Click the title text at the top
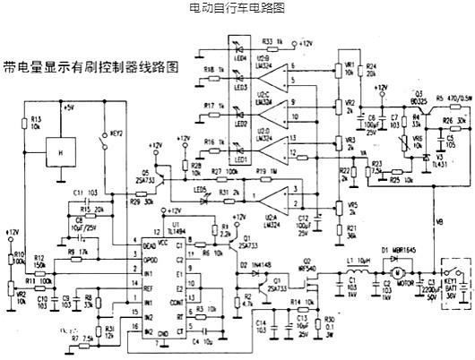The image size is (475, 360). [x=237, y=8]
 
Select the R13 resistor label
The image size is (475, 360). [x=36, y=122]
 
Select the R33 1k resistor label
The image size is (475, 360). [x=272, y=41]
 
